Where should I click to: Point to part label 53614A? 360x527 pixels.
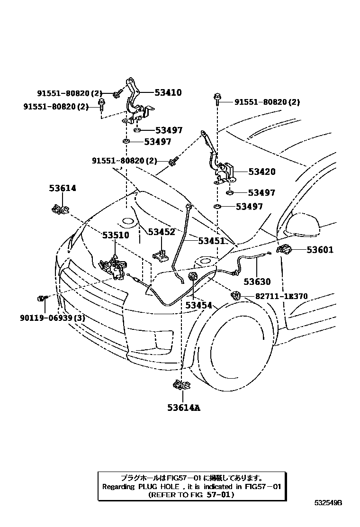[x=183, y=407]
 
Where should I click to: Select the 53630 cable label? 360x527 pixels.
[x=257, y=282]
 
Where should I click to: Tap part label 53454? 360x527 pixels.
[x=198, y=306]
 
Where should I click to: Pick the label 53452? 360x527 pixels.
[x=162, y=232]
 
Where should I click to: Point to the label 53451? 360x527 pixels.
[x=211, y=241]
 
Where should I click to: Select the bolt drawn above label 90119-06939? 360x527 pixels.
[x=41, y=298]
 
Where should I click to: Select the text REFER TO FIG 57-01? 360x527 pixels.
[x=191, y=494]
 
